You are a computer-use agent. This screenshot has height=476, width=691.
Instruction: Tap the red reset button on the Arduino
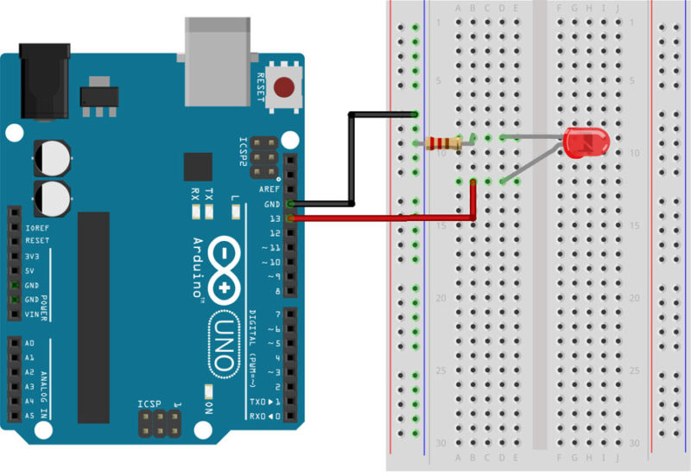tap(282, 86)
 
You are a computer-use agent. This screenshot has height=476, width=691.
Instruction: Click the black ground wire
tap(351, 160)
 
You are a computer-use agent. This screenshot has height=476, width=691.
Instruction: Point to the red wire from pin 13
tap(389, 219)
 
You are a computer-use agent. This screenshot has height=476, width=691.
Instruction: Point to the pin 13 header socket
tap(290, 219)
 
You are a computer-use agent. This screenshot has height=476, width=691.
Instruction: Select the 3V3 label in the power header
tap(33, 256)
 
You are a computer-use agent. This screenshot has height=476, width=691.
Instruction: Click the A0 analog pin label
tap(31, 343)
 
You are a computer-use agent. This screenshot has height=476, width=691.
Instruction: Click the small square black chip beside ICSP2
tap(198, 167)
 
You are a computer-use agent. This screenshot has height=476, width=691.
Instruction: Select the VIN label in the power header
tap(33, 314)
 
